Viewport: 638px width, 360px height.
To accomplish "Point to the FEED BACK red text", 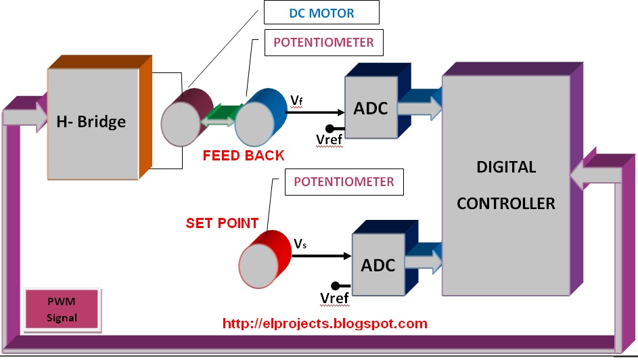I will pos(244,155).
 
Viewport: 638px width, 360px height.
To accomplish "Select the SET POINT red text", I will pos(222,222).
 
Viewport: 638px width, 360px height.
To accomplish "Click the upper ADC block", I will pos(370,109).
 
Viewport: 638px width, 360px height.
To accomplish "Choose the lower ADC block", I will pos(378,265).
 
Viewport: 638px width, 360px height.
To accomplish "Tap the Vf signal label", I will pos(296,101).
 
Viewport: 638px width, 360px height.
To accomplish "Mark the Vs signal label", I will pos(300,244).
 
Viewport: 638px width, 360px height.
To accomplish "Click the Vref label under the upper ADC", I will pos(330,139).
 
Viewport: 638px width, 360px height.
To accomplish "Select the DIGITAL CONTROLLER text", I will pos(505,185).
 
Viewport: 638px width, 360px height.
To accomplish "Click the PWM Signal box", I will pos(62,310).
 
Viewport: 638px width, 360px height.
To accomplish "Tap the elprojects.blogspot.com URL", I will pos(325,324).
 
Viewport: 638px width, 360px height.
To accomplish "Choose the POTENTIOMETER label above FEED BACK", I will pos(323,43).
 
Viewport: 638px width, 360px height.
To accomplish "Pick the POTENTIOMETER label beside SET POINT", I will pos(344,182).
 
